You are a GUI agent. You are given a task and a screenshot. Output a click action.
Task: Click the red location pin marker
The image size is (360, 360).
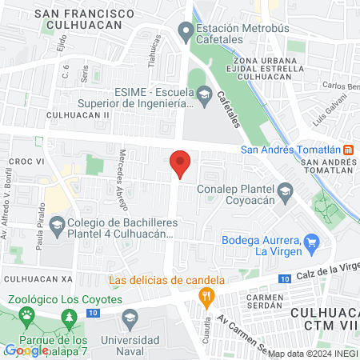[180, 163]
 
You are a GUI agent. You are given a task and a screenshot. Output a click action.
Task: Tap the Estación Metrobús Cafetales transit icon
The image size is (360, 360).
[186, 34]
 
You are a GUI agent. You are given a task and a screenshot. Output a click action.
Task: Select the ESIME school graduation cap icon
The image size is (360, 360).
[204, 97]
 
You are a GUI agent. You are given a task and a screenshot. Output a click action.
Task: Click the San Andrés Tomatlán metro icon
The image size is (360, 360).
[348, 150]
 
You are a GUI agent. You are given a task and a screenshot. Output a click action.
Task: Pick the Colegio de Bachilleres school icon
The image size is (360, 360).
[56, 226]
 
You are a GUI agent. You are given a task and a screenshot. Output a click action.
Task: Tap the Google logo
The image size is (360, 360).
[26, 350]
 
